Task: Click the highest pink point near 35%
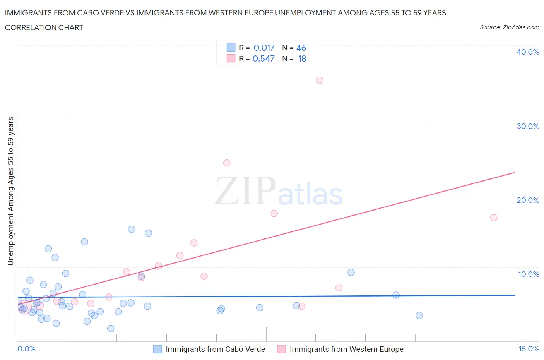pyautogui.click(x=320, y=81)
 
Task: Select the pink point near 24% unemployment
pyautogui.click(x=227, y=163)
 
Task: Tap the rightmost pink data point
pyautogui.click(x=494, y=218)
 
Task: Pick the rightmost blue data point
pyautogui.click(x=419, y=315)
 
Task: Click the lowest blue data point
pyautogui.click(x=111, y=329)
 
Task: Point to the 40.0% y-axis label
pyautogui.click(x=528, y=52)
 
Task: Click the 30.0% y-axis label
pyautogui.click(x=528, y=126)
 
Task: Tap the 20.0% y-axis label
pyautogui.click(x=528, y=200)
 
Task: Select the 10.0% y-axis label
pyautogui.click(x=528, y=274)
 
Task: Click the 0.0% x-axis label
pyautogui.click(x=27, y=349)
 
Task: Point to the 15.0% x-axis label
pyautogui.click(x=529, y=349)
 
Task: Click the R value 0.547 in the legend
pyautogui.click(x=263, y=59)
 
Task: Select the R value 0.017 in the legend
pyautogui.click(x=264, y=48)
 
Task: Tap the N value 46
pyautogui.click(x=301, y=48)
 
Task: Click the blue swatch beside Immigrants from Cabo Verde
pyautogui.click(x=157, y=349)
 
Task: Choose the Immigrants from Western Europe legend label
pyautogui.click(x=346, y=349)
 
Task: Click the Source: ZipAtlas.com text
pyautogui.click(x=509, y=27)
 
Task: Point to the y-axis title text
pyautogui.click(x=10, y=191)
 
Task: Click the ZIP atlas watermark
pyautogui.click(x=279, y=191)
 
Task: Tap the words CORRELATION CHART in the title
pyautogui.click(x=44, y=27)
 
